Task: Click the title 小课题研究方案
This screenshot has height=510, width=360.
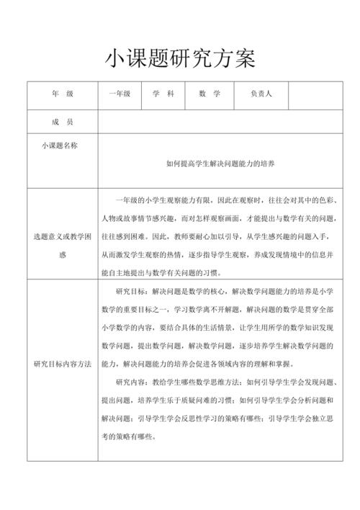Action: [x=180, y=58]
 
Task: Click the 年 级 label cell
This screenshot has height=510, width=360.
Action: [x=63, y=94]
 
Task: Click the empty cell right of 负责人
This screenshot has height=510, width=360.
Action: [x=311, y=94]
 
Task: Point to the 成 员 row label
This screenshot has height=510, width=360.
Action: [x=63, y=122]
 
